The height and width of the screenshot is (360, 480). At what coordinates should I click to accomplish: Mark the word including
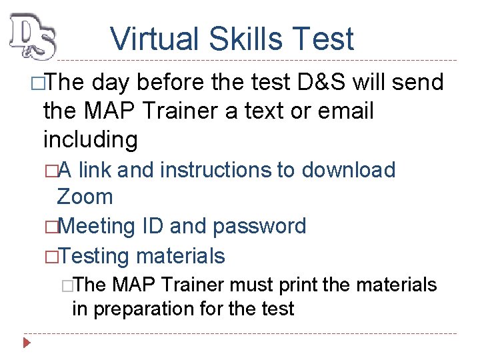click(91, 140)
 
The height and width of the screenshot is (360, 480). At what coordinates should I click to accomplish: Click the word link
click(94, 170)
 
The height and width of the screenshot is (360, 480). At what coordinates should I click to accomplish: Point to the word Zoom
click(85, 197)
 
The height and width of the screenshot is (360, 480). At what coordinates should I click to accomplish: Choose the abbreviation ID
click(153, 226)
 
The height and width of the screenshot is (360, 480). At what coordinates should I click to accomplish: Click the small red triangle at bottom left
click(27, 344)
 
